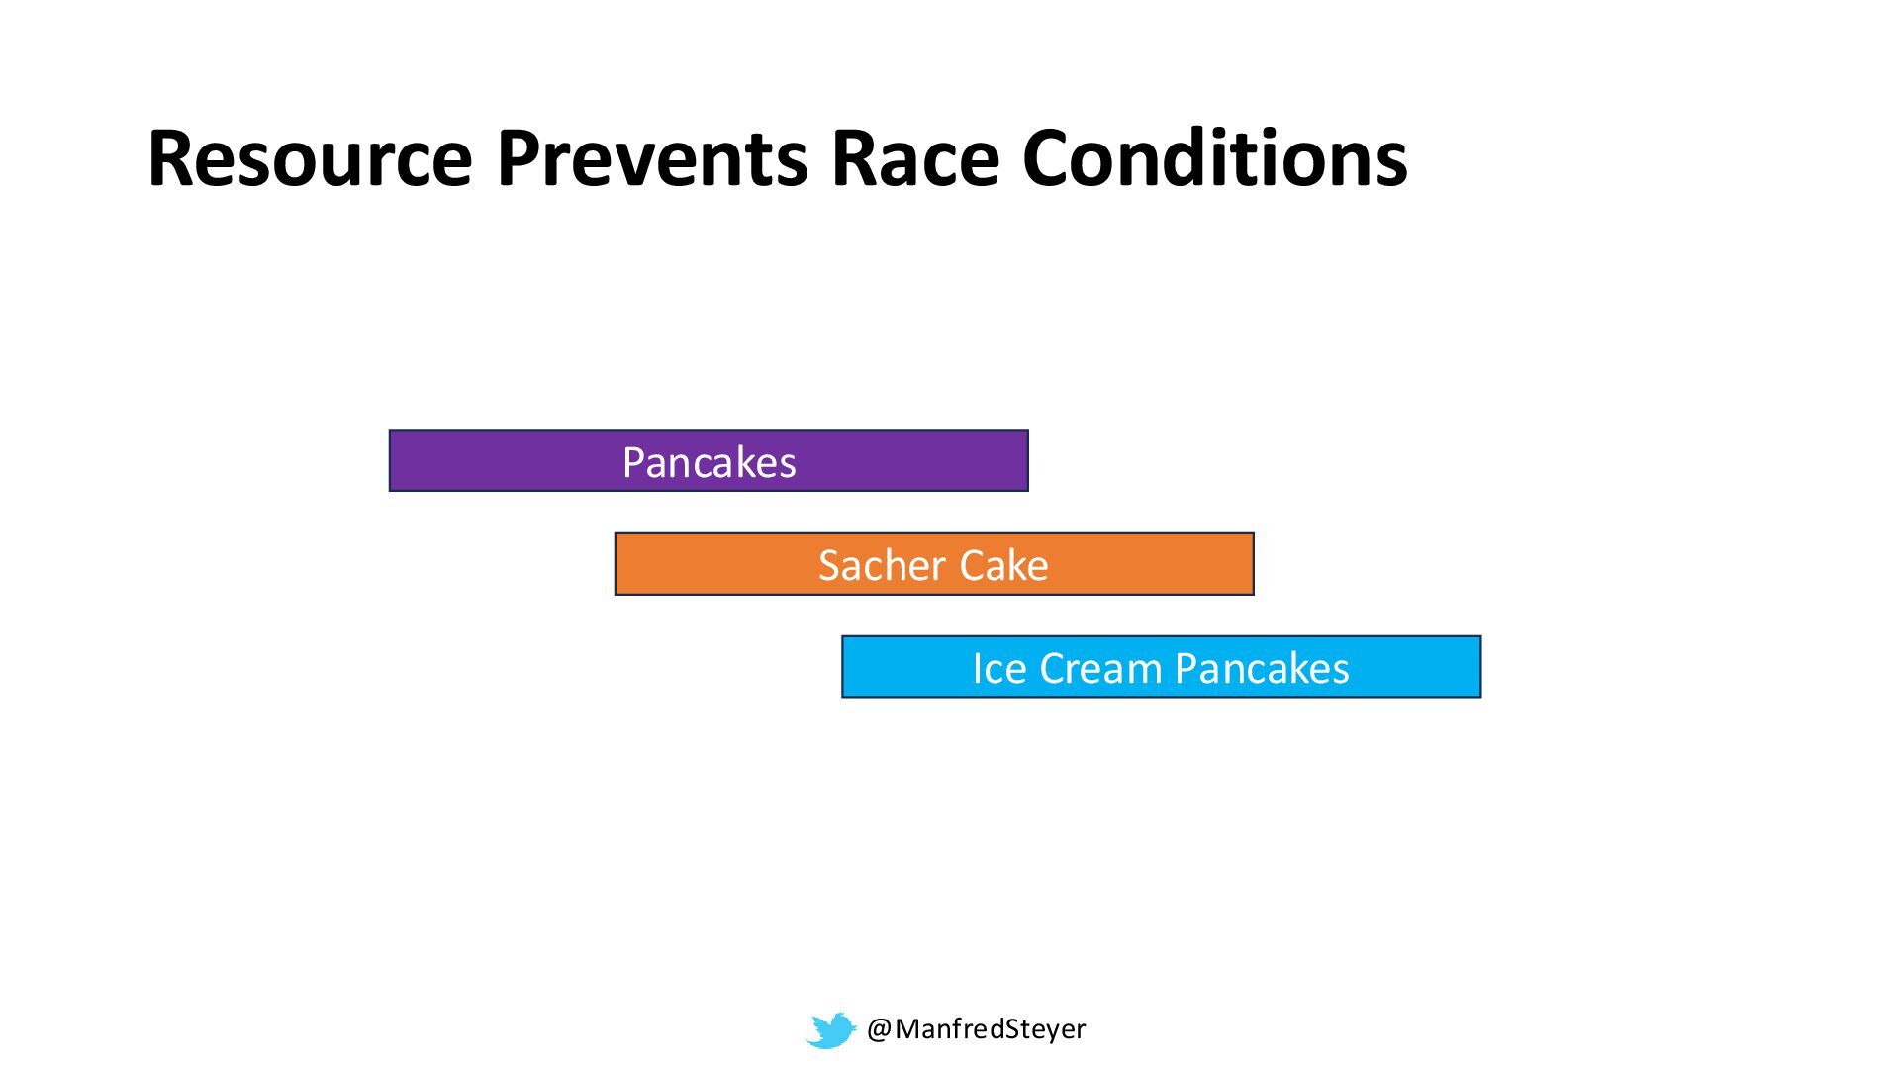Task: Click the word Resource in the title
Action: click(x=310, y=158)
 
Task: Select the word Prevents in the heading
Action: click(x=651, y=158)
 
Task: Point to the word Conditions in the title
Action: click(x=1215, y=158)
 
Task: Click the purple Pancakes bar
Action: click(x=709, y=460)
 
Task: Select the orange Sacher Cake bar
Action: click(x=934, y=564)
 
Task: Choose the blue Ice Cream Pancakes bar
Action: click(x=1161, y=667)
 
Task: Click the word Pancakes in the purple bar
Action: click(x=709, y=462)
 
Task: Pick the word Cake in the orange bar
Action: click(x=1003, y=565)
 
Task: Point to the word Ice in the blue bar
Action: click(x=998, y=668)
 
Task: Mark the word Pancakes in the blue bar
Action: click(x=1263, y=668)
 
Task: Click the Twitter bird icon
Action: click(x=830, y=1030)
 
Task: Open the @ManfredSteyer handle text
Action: click(x=976, y=1029)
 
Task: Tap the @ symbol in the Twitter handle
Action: click(x=880, y=1029)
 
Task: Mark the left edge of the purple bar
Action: click(x=390, y=460)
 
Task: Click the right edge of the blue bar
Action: click(x=1480, y=667)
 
